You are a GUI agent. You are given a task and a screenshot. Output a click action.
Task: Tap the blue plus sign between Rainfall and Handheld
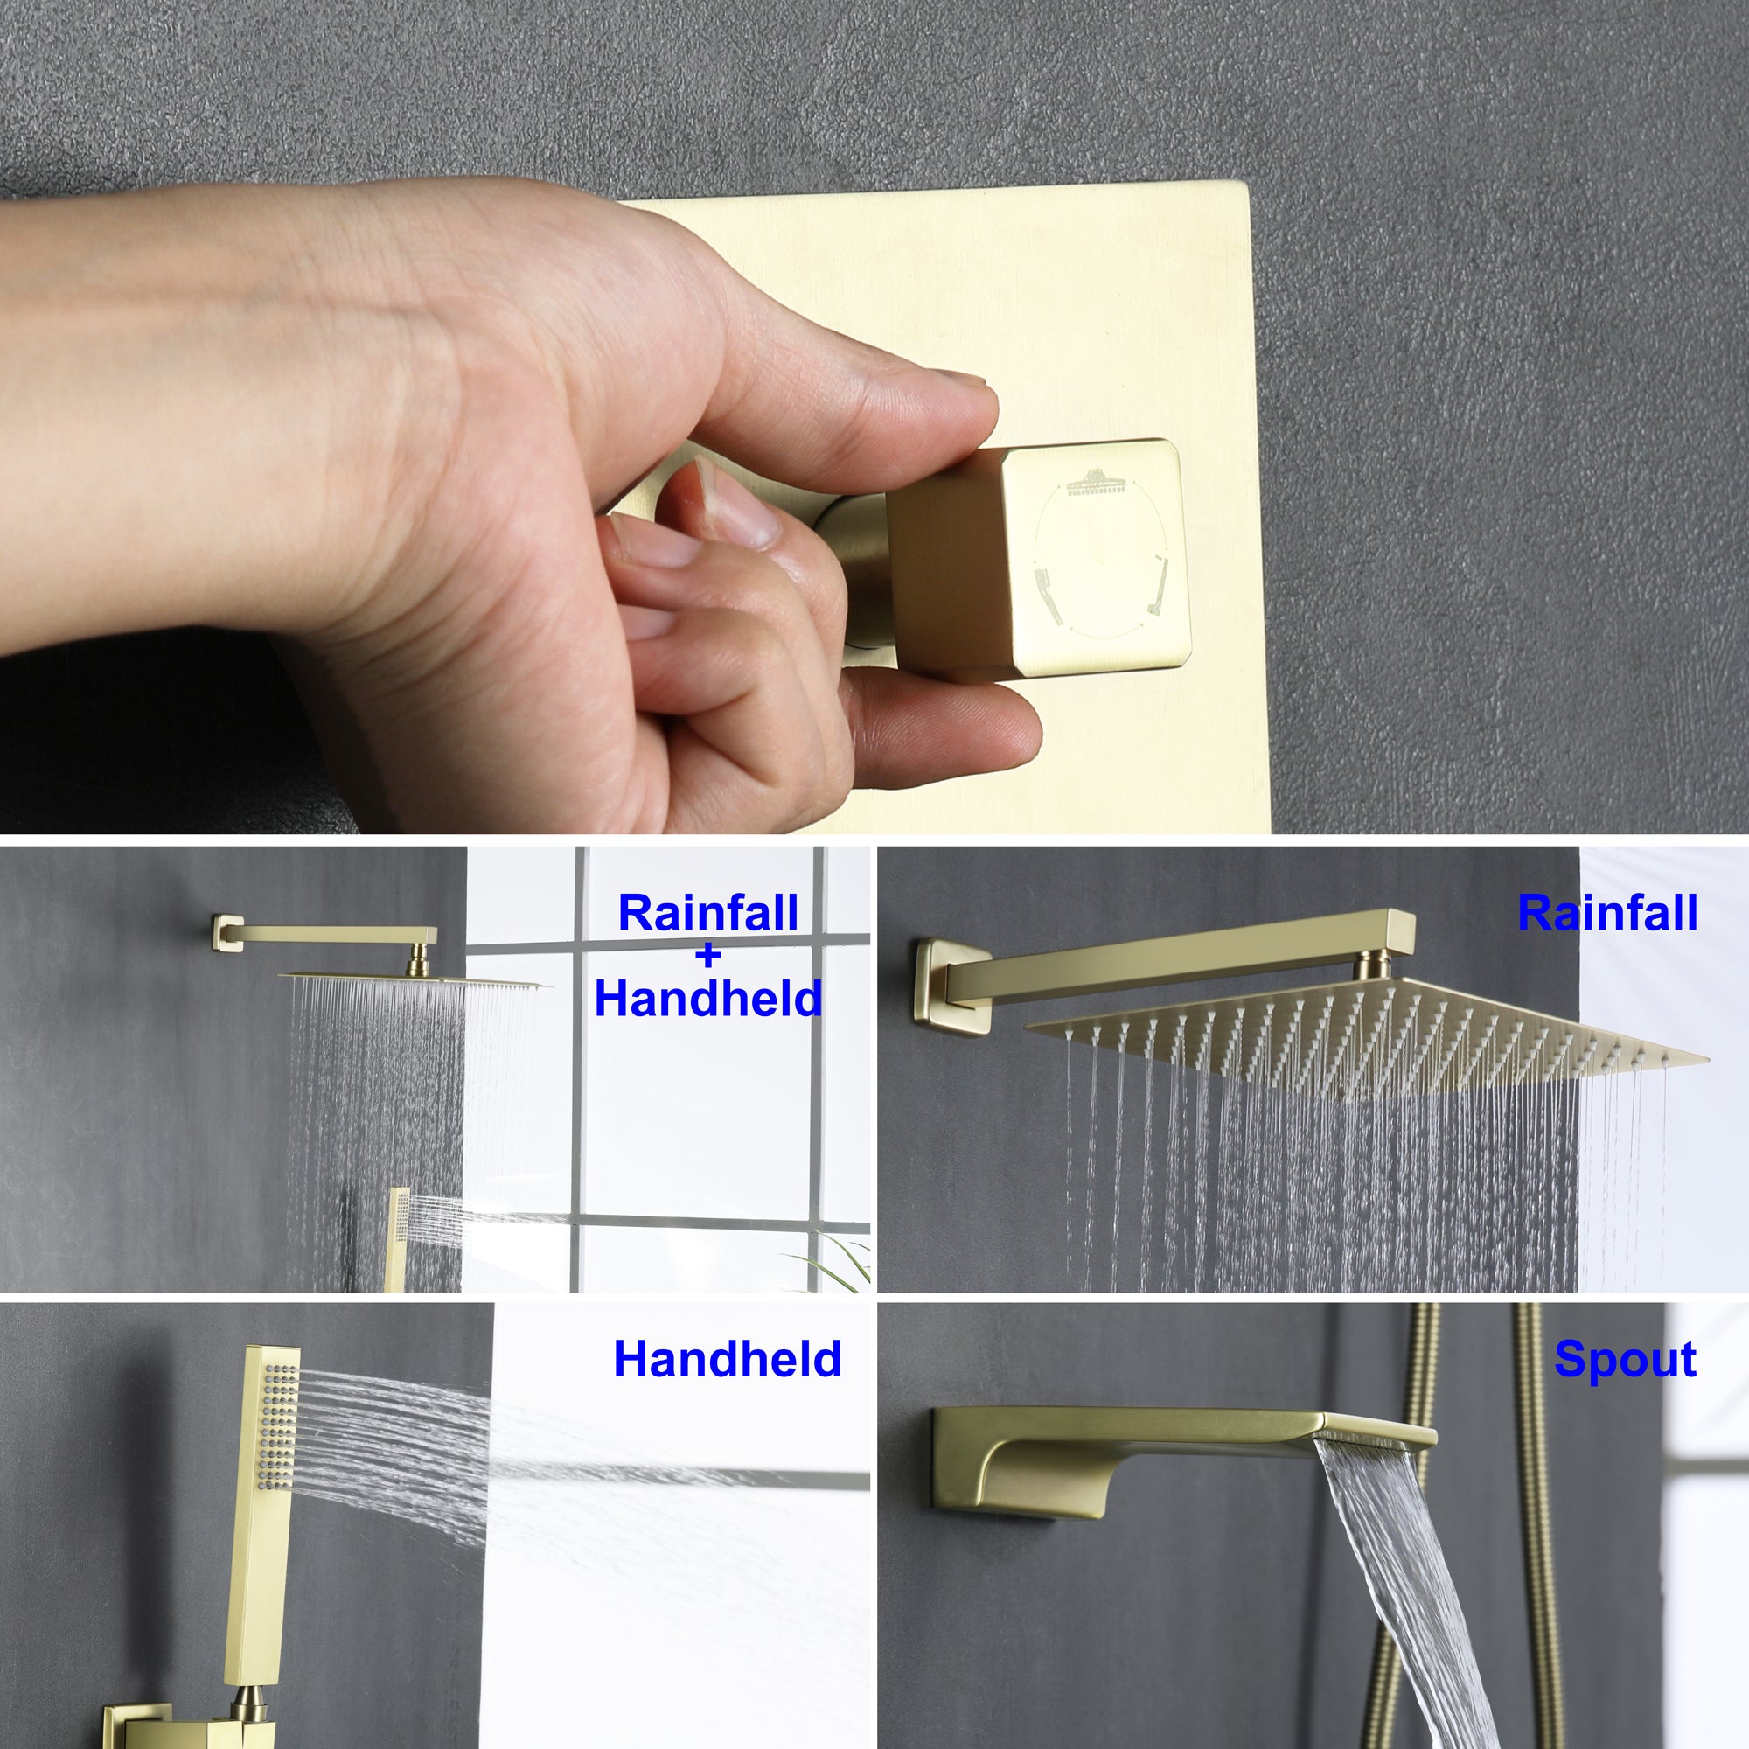(709, 955)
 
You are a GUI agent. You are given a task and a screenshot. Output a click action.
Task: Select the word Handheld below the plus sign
(708, 999)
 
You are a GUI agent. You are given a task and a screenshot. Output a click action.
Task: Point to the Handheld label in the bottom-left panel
(728, 1359)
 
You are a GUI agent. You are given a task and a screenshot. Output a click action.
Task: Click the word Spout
(1625, 1361)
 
